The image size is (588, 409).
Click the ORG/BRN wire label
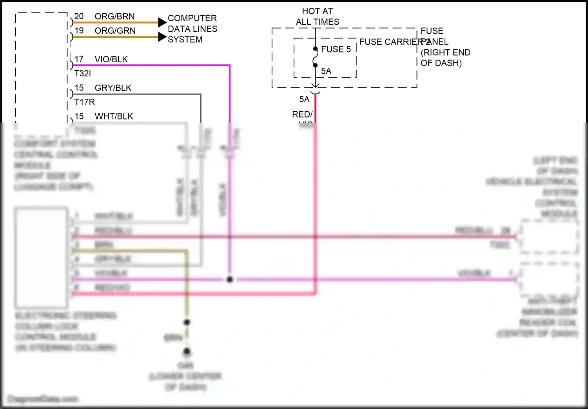coord(114,16)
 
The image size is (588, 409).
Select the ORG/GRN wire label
coord(115,31)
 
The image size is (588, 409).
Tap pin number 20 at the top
coord(79,16)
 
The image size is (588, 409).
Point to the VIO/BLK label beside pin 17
coord(111,59)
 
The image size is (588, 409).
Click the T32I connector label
coord(82,73)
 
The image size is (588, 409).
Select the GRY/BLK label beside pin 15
coord(113,88)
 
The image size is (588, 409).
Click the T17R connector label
coord(85,102)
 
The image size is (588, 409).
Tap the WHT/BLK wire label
coord(114,116)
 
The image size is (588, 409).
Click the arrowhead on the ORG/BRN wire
coord(162,22)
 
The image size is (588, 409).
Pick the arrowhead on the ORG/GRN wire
coord(162,37)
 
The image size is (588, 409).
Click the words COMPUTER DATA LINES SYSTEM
coord(192,29)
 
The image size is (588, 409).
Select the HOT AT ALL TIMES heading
coord(318,16)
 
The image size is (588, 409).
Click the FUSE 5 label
coord(336,49)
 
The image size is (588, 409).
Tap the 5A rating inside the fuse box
coord(326,71)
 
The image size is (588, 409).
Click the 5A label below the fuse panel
coord(304,100)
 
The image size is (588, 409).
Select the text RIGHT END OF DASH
coord(445,58)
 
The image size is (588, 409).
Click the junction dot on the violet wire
coord(230,279)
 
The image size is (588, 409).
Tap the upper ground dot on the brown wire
coord(187,322)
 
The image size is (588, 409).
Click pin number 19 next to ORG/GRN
coord(79,31)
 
